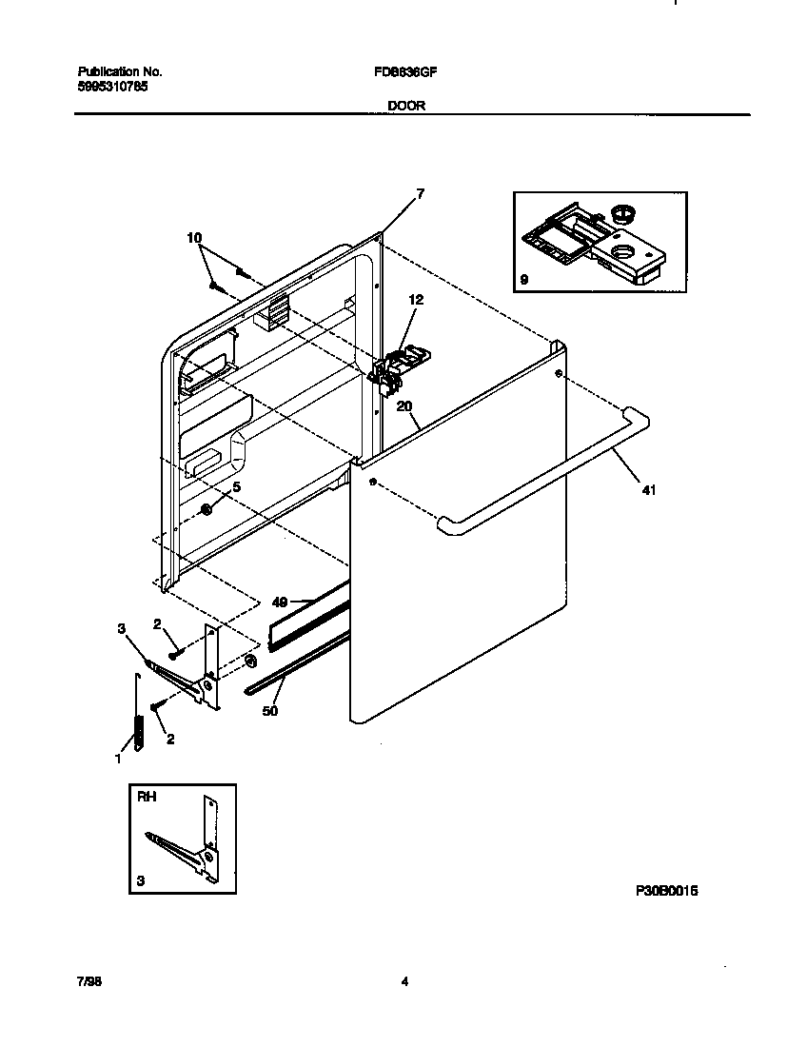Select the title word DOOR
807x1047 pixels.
405,107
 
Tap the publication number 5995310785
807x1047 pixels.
111,86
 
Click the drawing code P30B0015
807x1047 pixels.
667,891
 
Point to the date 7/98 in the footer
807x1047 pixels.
89,983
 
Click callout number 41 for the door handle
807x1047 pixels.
648,491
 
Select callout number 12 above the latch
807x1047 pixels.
416,299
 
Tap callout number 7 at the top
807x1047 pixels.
420,193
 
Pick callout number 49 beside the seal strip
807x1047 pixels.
280,602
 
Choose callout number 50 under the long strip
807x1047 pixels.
270,710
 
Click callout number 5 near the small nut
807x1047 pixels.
237,487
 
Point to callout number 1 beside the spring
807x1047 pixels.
118,759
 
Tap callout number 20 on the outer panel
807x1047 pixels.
403,405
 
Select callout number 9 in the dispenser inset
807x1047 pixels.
524,281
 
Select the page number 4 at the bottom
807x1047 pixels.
404,983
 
